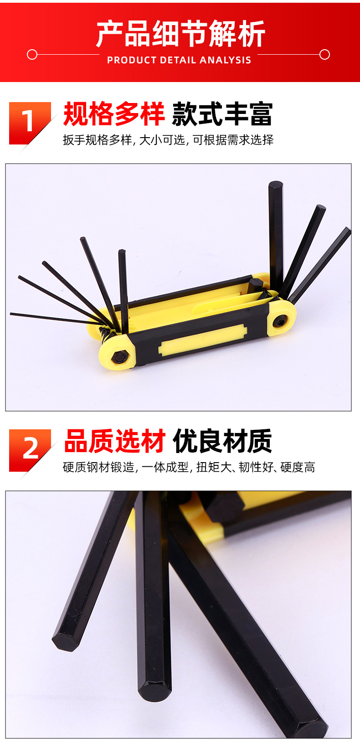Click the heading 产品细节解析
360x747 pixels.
tap(180, 34)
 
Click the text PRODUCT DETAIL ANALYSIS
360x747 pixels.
tap(179, 60)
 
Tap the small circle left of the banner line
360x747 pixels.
tap(32, 55)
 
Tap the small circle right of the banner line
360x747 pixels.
tap(324, 55)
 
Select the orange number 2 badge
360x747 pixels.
tap(30, 449)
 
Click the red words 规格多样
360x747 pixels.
tap(113, 114)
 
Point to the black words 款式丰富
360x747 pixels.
tap(222, 114)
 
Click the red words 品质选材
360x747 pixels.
tap(114, 441)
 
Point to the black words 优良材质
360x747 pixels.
tap(222, 441)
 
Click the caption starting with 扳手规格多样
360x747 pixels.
tap(168, 140)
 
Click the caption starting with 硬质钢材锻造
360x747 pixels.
tap(189, 467)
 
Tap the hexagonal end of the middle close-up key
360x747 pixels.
tap(155, 690)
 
